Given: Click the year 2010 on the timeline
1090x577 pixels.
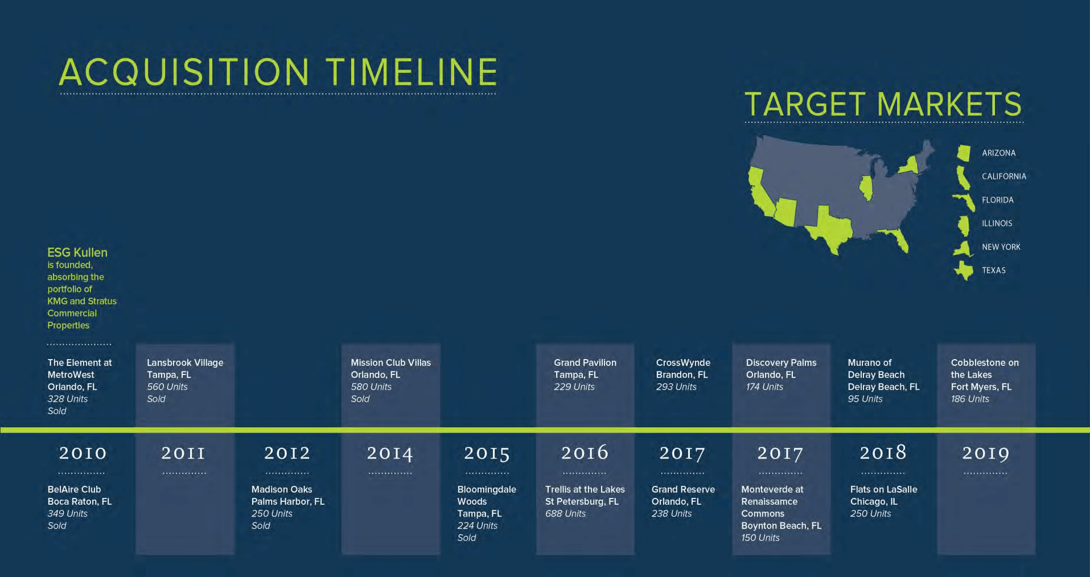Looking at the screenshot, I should coord(83,453).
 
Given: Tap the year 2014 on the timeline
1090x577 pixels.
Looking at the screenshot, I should coord(390,453).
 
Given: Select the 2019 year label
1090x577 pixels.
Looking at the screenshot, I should coord(986,453).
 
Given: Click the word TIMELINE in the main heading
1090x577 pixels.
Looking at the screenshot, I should coord(412,72).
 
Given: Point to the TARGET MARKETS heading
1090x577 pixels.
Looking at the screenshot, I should coord(883,104).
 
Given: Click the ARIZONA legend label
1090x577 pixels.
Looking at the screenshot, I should coord(998,153).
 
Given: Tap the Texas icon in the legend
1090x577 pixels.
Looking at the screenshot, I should coord(964,270).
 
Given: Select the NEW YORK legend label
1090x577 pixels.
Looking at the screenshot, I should coord(1001,247).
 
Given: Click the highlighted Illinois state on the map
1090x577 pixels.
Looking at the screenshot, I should coord(866,188).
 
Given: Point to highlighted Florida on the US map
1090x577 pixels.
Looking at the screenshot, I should coord(898,238).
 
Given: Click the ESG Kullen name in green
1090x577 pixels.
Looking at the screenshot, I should coord(77,252).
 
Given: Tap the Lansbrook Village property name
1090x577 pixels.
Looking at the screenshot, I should coord(185,362).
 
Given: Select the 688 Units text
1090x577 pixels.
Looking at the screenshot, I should coord(565,513).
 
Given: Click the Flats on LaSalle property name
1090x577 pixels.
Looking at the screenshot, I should coord(883,489).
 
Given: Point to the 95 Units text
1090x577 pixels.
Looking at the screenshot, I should coord(865,399).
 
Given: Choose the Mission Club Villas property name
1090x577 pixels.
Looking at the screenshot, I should coord(390,362).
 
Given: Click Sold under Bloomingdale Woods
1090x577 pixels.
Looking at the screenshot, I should coord(466,538).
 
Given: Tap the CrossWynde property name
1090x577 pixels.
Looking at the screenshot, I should coord(683,362).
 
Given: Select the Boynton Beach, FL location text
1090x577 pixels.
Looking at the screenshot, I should coord(781,526).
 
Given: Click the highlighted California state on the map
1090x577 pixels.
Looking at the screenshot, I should coord(761,193).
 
